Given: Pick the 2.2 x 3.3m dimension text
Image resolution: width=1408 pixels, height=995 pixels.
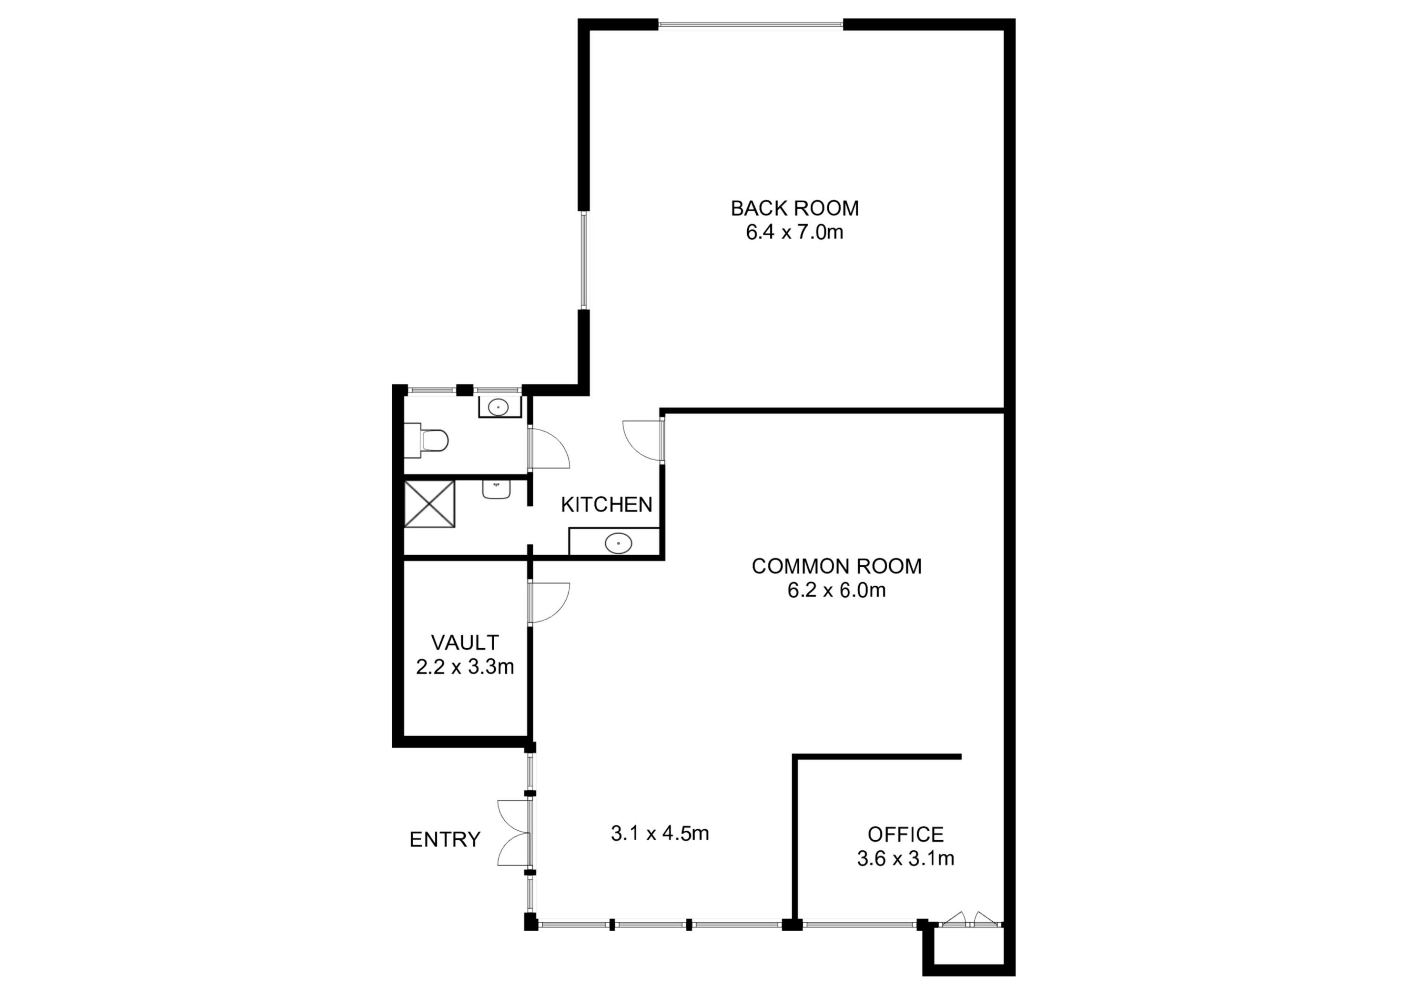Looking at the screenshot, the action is [465, 667].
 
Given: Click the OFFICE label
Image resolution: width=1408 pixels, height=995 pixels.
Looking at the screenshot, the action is [905, 834].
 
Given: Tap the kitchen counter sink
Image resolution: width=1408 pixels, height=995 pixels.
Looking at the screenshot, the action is [618, 543].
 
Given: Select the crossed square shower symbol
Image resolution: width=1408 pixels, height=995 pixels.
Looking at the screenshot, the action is [429, 504].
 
